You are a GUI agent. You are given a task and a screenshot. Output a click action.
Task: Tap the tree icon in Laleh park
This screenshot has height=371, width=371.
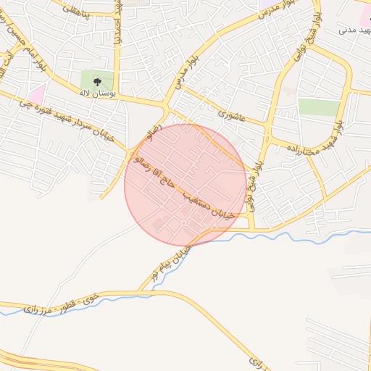pos(98,81)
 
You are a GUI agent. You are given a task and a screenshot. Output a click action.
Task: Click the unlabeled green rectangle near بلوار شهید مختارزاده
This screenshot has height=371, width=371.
pos(319,107)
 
